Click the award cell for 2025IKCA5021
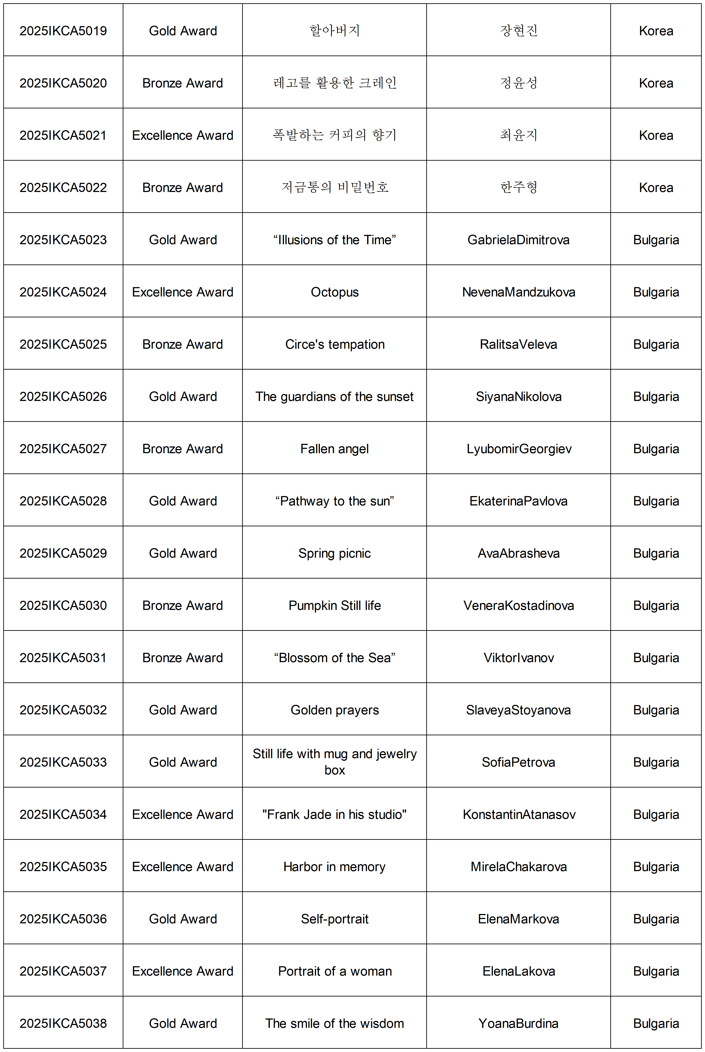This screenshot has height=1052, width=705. (183, 135)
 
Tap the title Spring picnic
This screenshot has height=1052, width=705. (334, 553)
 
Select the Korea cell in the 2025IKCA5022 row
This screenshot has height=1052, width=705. (656, 188)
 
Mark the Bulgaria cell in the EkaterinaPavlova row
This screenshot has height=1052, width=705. (656, 501)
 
